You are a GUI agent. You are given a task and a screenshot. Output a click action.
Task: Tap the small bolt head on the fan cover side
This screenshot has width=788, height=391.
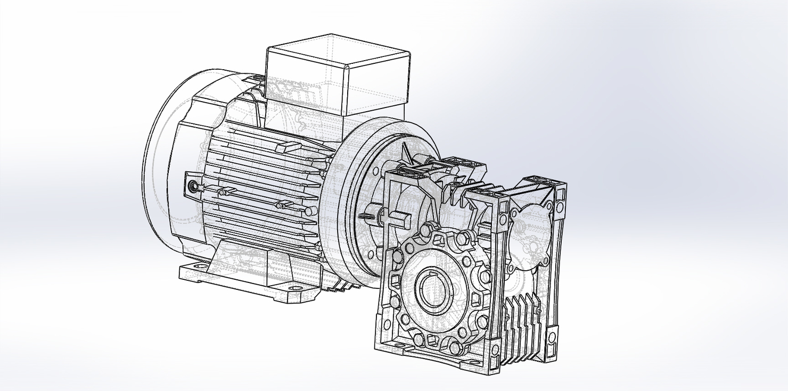[192, 186]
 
